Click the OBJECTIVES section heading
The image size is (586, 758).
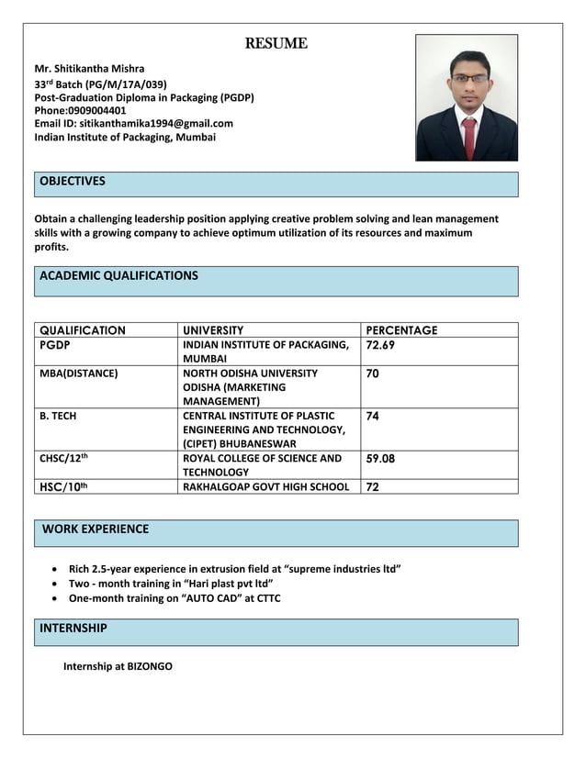[73, 182]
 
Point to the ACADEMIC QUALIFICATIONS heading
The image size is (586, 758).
[118, 275]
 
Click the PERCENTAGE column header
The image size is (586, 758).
[401, 330]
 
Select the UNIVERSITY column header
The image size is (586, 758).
[213, 330]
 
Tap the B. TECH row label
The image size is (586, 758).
[58, 416]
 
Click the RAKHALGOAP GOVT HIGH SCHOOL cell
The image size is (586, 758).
[265, 486]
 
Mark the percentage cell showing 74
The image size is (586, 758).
[372, 416]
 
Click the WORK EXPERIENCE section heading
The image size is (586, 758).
[96, 529]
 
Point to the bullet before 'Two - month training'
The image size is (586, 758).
[59, 584]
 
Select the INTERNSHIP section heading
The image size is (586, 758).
[73, 629]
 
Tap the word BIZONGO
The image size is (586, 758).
[150, 666]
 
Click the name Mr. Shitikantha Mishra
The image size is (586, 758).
[89, 69]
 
